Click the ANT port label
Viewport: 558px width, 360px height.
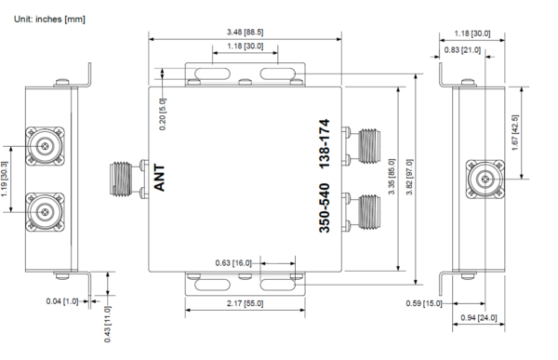(159, 178)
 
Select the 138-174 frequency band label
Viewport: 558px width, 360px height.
(325, 144)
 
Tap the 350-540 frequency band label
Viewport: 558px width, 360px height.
(325, 207)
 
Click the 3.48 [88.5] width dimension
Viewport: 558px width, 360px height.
(246, 32)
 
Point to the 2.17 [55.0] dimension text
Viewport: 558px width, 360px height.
(246, 303)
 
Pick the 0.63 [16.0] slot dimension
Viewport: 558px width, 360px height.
(233, 262)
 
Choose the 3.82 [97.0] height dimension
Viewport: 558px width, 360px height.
(409, 177)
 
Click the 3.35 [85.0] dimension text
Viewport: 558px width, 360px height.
(392, 177)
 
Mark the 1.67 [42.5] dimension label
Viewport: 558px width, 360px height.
(515, 132)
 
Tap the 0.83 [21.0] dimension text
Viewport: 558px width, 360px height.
(462, 50)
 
